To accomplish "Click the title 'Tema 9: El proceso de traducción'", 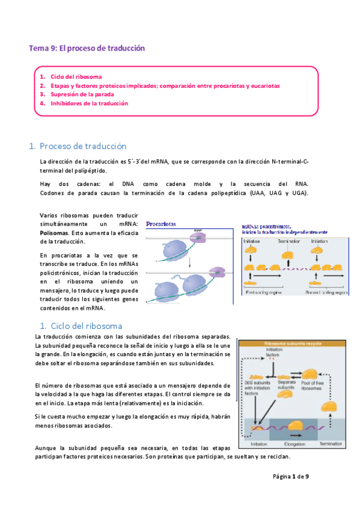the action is (88, 48).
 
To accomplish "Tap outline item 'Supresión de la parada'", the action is (82, 94).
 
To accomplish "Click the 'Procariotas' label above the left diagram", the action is (160, 223).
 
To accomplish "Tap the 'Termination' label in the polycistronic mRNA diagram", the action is (288, 241).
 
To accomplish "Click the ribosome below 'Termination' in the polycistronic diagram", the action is (288, 255).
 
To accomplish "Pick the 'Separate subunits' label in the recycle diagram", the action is (285, 385).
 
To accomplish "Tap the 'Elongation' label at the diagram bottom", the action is (294, 445).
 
